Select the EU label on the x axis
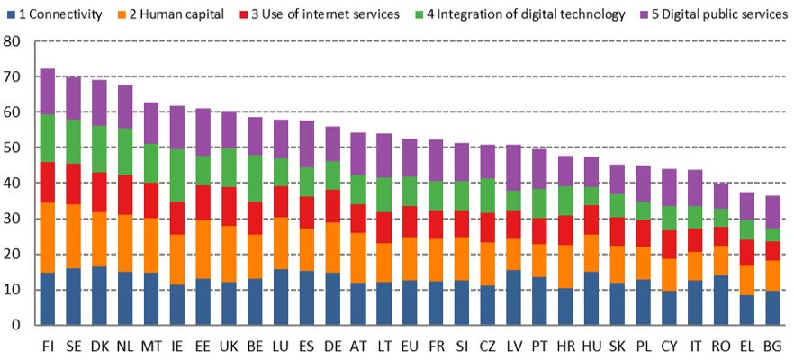pyautogui.click(x=410, y=346)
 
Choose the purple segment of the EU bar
pyautogui.click(x=410, y=157)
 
